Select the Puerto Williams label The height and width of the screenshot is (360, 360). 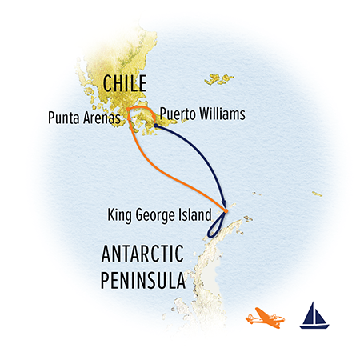202,114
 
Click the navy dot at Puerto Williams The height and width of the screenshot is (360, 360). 154,125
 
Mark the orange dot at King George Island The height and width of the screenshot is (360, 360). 226,211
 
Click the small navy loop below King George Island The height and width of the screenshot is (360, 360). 217,228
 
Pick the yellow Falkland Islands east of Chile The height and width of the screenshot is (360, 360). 216,79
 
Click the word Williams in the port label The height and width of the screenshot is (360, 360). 221,114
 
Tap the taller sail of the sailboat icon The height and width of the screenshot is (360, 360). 314,312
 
